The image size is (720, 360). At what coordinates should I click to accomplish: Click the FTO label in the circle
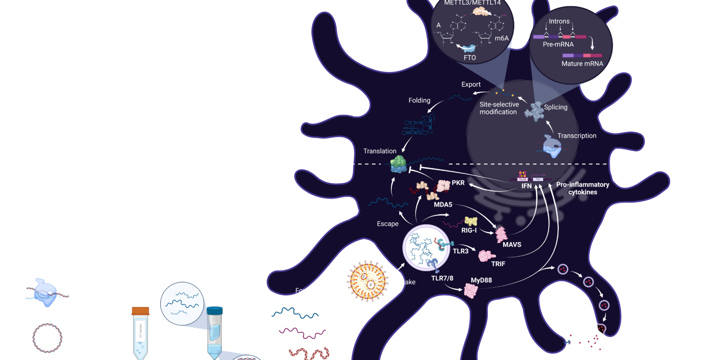(470, 58)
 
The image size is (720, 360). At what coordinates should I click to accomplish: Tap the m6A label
(501, 38)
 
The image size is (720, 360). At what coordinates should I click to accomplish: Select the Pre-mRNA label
(558, 44)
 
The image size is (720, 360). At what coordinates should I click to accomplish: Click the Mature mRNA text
(582, 63)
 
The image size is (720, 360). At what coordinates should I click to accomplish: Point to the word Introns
(559, 21)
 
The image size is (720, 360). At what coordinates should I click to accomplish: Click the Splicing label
(556, 107)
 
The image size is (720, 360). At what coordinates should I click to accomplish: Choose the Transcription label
(576, 135)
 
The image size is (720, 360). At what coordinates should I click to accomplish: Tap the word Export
(471, 84)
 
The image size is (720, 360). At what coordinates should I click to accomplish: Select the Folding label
(419, 100)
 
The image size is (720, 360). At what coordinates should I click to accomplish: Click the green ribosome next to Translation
(398, 164)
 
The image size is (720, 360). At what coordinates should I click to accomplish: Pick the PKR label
(458, 183)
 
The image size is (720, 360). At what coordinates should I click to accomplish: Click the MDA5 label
(443, 204)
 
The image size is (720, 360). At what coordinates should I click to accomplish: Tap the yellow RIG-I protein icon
(471, 221)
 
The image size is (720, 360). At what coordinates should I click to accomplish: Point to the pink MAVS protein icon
(501, 234)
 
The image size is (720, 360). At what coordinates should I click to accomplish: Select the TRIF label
(498, 264)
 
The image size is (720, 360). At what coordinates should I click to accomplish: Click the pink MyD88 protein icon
(471, 290)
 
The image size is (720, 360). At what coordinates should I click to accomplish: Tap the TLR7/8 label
(442, 278)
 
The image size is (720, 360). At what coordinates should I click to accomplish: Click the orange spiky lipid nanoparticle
(368, 281)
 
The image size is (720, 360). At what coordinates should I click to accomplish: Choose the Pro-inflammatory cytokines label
(583, 188)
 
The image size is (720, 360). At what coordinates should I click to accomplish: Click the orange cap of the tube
(140, 310)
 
